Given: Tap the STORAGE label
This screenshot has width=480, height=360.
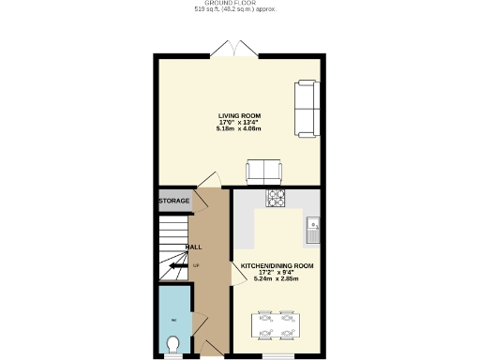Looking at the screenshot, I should [x=173, y=201].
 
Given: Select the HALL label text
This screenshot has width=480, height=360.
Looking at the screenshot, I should [x=194, y=247].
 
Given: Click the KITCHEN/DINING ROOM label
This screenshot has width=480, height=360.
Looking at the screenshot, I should [x=277, y=266].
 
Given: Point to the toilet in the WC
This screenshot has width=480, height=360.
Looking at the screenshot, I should [x=172, y=346].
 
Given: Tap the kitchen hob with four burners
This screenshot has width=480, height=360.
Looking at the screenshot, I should [x=277, y=198].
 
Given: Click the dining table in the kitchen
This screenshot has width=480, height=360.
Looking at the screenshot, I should [x=277, y=324].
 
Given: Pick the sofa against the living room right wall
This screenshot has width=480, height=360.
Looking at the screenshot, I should [x=306, y=108].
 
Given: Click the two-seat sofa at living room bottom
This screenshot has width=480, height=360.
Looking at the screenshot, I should [x=263, y=171].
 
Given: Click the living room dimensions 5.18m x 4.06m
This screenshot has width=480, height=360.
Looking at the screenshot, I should [x=239, y=128].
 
